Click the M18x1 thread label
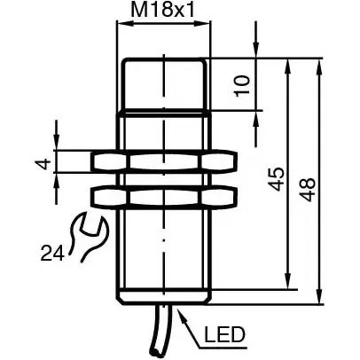click(x=163, y=12)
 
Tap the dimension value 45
click(x=277, y=177)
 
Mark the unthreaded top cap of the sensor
click(x=164, y=84)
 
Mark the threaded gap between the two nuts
click(x=164, y=179)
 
